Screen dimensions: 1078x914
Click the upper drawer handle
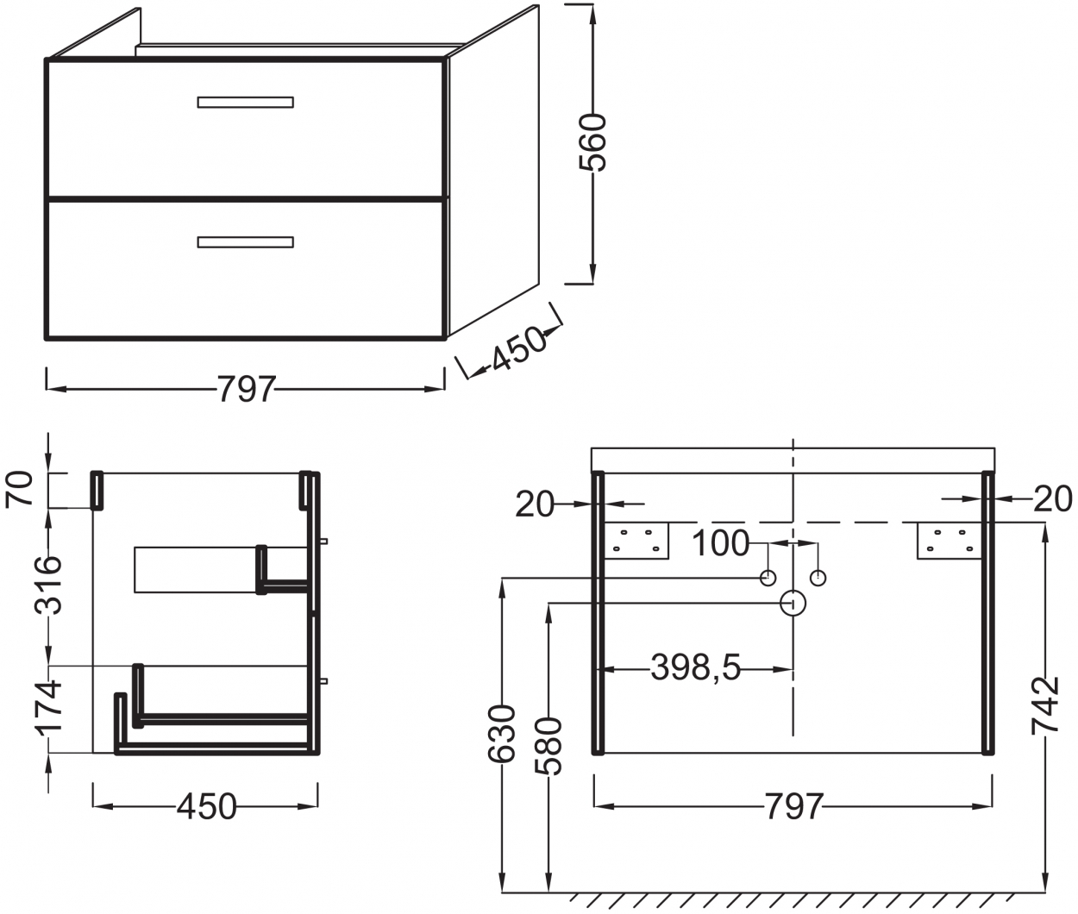(x=245, y=103)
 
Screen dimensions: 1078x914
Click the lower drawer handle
(x=245, y=242)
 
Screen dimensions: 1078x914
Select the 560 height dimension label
(x=593, y=142)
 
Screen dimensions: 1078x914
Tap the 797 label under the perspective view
(x=246, y=389)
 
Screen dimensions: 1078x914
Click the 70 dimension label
(x=19, y=489)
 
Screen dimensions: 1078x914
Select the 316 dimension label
(x=48, y=585)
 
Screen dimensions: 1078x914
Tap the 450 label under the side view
(x=206, y=806)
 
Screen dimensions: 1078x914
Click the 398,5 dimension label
(x=696, y=668)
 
